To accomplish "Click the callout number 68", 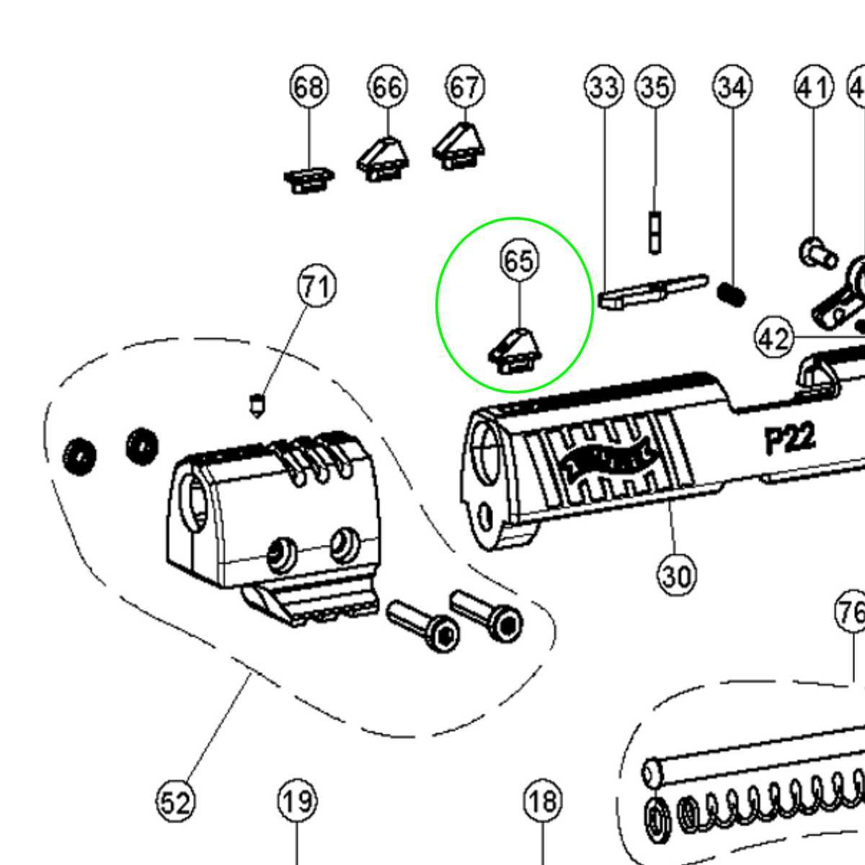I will [x=309, y=87].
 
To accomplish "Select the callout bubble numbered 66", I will [x=387, y=87].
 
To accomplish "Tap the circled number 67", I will [x=465, y=87].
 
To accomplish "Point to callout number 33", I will [x=603, y=87].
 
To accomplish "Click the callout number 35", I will [x=655, y=87].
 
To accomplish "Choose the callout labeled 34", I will [x=732, y=87].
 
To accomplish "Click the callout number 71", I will [x=317, y=286].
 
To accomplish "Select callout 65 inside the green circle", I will [x=519, y=260].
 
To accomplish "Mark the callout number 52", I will [x=177, y=801].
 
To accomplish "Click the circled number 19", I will [x=297, y=801].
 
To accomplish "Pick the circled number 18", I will [x=542, y=801].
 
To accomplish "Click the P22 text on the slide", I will [x=790, y=439].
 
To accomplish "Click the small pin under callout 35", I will [x=655, y=232].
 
